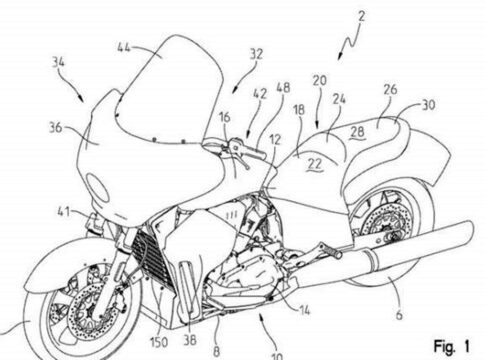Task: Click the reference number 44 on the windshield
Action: pos(124,48)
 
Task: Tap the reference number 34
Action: pos(59,62)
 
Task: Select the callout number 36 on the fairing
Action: pos(56,128)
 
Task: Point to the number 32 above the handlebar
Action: pos(256,54)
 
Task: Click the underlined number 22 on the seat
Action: pos(315,164)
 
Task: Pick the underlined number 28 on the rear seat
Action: pos(357,132)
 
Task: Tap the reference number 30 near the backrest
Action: pos(429,105)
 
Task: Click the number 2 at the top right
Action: pos(361,16)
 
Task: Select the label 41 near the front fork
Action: pos(64,212)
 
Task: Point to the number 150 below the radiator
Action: pos(159,342)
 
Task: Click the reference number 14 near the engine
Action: pos(303,310)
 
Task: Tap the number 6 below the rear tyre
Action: pos(399,314)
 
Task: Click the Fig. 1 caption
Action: pos(452,346)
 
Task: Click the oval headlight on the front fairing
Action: pos(98,187)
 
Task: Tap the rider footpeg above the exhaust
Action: pos(332,251)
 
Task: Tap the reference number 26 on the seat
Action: pos(390,89)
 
